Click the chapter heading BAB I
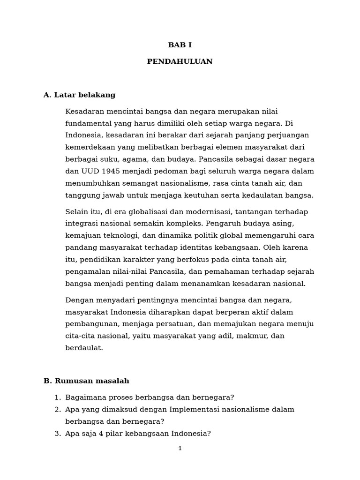coord(180,45)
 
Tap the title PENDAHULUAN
coord(180,62)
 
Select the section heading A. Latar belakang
coord(79,95)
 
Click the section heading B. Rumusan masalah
coord(86,381)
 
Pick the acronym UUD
coord(86,172)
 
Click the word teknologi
coord(111,236)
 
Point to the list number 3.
coord(57,434)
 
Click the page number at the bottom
coord(180,449)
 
